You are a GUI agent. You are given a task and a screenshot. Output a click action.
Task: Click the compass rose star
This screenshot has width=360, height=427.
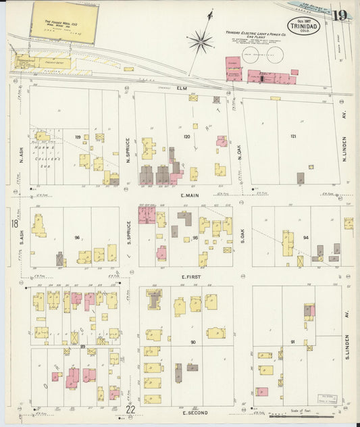(x=201, y=42)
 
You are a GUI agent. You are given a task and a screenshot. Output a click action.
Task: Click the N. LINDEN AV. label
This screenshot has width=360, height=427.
(x=344, y=149)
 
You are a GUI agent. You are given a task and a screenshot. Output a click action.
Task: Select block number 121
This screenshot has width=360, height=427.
(x=292, y=136)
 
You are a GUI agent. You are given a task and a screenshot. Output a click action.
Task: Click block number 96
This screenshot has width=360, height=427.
(x=78, y=237)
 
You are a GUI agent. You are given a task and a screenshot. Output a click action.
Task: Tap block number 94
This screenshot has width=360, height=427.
(x=305, y=237)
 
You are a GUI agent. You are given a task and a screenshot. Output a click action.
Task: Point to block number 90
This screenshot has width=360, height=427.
(x=193, y=342)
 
